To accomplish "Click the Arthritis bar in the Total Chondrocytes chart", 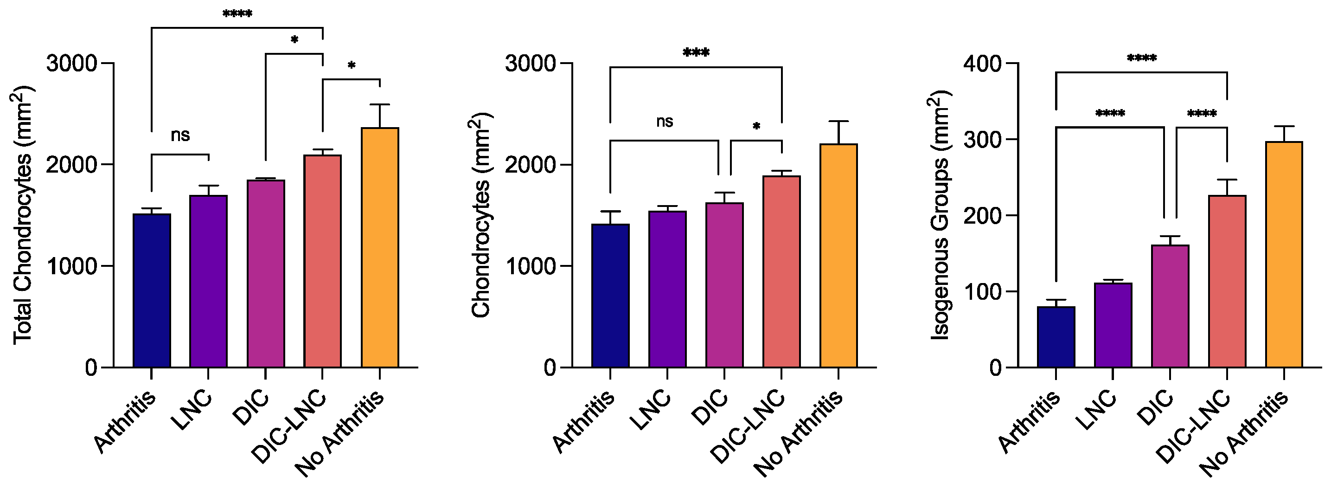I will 151,290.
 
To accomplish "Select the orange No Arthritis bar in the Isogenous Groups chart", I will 1284,254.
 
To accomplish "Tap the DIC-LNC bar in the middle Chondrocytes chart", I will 781,272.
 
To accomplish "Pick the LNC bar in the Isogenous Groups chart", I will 1113,325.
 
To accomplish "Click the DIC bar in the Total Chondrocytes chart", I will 266,273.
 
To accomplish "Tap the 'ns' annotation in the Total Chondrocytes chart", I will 180,135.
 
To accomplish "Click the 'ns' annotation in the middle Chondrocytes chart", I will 665,122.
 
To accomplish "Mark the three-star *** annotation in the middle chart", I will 696,53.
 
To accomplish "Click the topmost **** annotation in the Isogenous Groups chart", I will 1141,58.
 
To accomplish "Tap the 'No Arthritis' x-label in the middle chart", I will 799,433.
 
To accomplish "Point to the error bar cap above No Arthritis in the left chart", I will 380,104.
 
